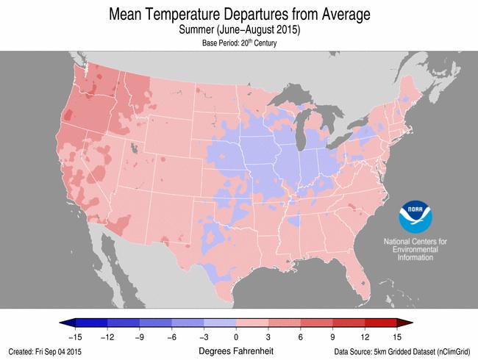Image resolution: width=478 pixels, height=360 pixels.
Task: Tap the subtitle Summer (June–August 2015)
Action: (239, 30)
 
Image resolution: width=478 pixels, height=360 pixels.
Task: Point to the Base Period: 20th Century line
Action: (239, 43)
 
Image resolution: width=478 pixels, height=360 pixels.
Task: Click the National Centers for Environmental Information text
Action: (416, 250)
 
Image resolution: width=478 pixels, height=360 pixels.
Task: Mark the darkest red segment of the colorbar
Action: (382, 323)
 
